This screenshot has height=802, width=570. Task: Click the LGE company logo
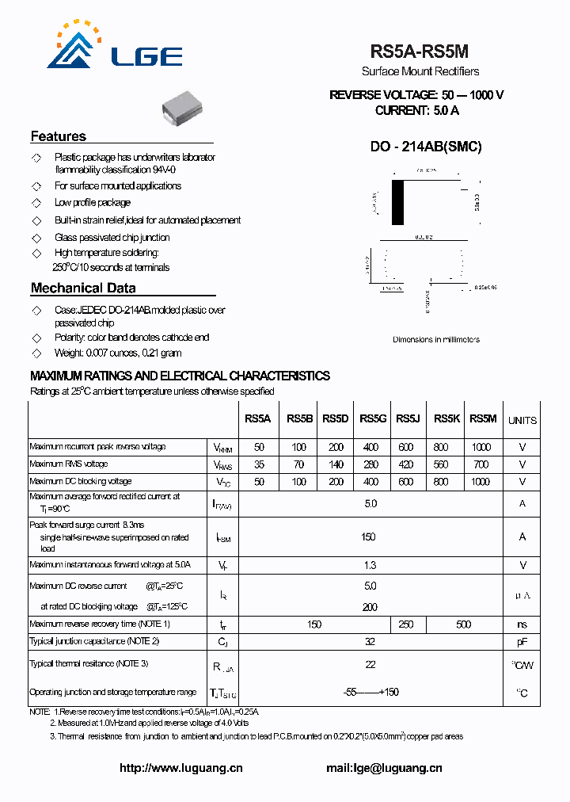coord(114,48)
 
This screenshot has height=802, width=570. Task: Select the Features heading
coord(59,136)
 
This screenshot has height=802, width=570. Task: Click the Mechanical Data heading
coord(83,288)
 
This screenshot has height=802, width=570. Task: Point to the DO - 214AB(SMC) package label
coord(426,147)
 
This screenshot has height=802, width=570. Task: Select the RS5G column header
coord(373,419)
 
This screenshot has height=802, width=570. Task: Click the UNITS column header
coord(522,420)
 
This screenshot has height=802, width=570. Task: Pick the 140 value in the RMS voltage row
coord(336,464)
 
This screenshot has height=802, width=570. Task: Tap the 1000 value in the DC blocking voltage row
coord(481,482)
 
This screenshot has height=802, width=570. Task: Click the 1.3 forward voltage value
coord(370,565)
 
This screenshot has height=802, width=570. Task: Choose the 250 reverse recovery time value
coord(406,624)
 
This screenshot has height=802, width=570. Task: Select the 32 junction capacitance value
coord(370,642)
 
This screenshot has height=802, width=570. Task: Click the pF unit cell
coord(522,642)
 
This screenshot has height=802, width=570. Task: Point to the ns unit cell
coord(522,624)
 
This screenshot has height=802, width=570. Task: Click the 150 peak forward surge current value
coord(368,537)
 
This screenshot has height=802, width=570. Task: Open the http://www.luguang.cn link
coord(180,768)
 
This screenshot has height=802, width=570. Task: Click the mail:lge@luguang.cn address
coord(384,768)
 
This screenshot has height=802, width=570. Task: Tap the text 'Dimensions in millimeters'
coord(435,340)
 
